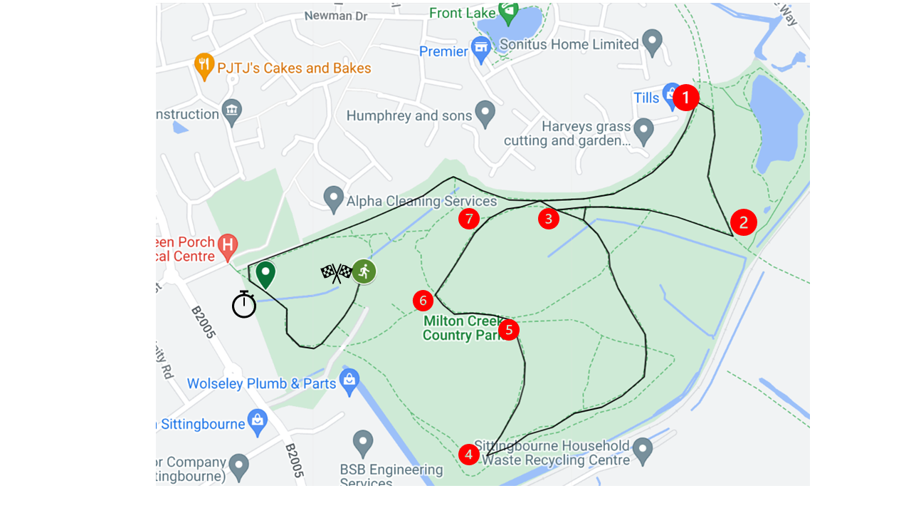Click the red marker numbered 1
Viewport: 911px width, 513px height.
(x=685, y=98)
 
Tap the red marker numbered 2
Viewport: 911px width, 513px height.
(x=743, y=222)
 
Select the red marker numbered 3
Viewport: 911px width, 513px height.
(x=548, y=219)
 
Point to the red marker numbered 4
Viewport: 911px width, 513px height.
(x=468, y=454)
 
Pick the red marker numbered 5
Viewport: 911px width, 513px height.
(x=508, y=330)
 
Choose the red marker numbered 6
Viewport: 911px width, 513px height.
(x=423, y=301)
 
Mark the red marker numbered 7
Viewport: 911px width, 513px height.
(x=468, y=219)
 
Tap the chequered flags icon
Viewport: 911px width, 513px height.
(x=336, y=273)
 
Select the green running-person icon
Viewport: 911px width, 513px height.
(x=364, y=271)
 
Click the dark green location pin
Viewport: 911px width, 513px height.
(x=265, y=274)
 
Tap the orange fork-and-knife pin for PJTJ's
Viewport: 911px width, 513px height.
(x=204, y=67)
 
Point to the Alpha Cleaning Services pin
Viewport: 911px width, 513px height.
(x=334, y=199)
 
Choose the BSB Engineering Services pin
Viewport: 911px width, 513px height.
(x=363, y=442)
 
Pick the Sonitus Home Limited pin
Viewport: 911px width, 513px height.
(x=652, y=42)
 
